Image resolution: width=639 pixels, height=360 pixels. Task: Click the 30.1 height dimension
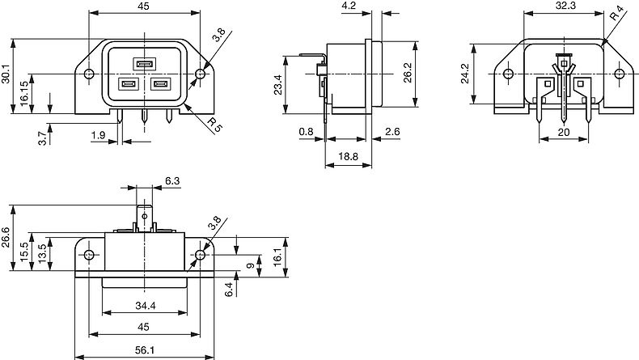6,76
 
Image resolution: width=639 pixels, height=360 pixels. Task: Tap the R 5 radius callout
213,125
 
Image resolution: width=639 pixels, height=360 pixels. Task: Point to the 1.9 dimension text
99,135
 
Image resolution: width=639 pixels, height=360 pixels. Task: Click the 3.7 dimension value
41,138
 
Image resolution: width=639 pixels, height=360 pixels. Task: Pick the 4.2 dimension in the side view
349,6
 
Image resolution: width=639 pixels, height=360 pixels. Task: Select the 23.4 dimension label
278,85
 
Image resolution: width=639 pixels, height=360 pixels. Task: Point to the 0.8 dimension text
306,132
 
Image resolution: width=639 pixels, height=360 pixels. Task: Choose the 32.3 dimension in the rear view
566,6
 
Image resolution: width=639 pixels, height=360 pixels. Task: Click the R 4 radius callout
617,14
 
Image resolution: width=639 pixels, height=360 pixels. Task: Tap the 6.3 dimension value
172,180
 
